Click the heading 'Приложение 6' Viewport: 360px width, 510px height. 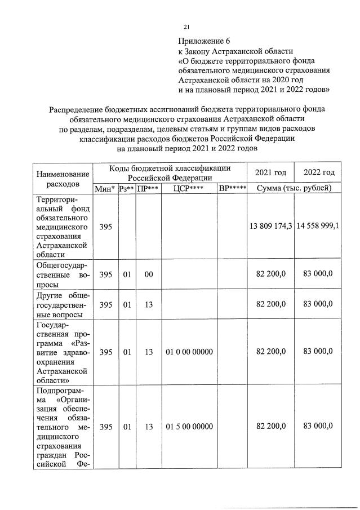(205, 41)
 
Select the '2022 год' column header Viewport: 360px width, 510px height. (319, 172)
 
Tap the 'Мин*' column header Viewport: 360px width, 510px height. (105, 188)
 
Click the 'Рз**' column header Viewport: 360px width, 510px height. (127, 188)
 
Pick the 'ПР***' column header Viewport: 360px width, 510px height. (148, 188)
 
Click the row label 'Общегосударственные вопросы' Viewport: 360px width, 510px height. (63, 274)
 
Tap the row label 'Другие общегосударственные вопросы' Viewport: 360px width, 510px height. (63, 304)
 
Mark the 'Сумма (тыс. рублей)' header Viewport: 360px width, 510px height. (295, 188)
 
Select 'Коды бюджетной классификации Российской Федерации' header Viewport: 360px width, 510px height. (170, 172)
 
